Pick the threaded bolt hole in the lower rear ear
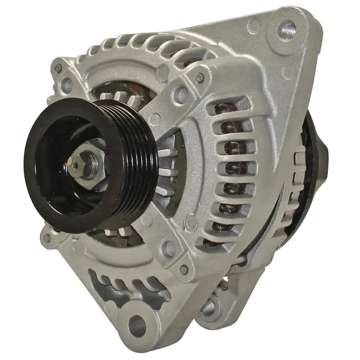(x=209, y=307)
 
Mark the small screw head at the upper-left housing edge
(x=57, y=69)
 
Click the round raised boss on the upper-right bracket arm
(x=181, y=94)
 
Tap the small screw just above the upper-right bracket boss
(x=199, y=78)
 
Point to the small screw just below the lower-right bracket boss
(x=183, y=269)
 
